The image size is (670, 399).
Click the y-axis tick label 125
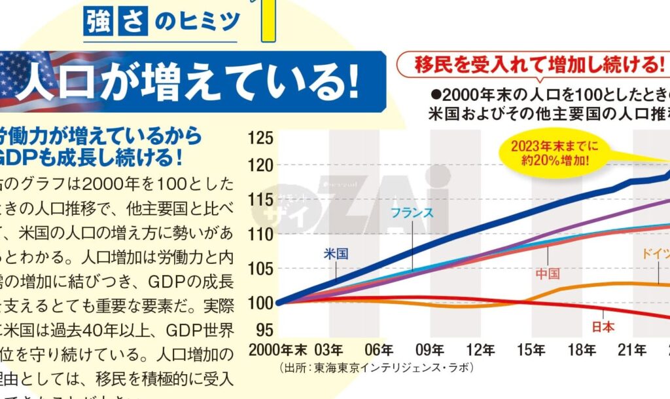pos(261,138)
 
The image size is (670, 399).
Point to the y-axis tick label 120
pos(261,166)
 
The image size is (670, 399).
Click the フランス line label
pos(412,212)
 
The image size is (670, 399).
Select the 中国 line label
pos(548,273)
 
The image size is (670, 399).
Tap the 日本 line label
pos(603,326)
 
